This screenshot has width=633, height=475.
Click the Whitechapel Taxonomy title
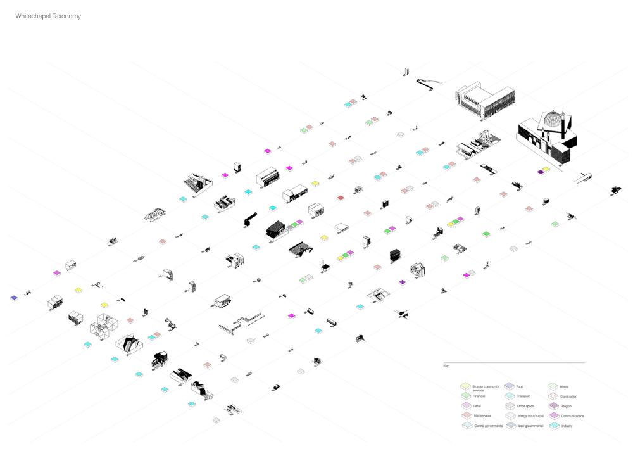48,16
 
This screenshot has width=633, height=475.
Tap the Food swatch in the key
509,386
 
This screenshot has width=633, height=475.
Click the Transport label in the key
523,396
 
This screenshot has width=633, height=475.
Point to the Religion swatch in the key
553,406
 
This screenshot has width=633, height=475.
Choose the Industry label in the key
567,426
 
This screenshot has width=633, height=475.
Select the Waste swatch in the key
553,386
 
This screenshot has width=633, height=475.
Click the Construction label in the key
568,396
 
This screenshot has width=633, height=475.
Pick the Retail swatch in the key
465,406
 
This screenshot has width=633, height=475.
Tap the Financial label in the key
479,396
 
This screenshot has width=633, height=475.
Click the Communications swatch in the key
553,416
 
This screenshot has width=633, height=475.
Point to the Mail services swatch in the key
465,416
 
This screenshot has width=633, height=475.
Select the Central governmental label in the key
489,426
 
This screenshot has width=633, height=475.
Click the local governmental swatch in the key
509,426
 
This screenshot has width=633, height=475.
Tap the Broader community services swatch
465,386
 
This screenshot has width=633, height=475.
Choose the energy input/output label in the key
530,416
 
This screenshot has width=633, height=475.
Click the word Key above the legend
446,366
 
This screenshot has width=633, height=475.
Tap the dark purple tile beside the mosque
541,172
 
